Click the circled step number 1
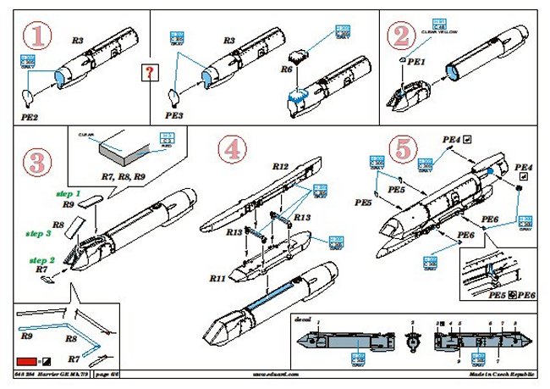pyautogui.click(x=37, y=36)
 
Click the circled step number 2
pyautogui.click(x=399, y=36)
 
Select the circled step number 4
pyautogui.click(x=233, y=150)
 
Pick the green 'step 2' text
pyautogui.click(x=43, y=259)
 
